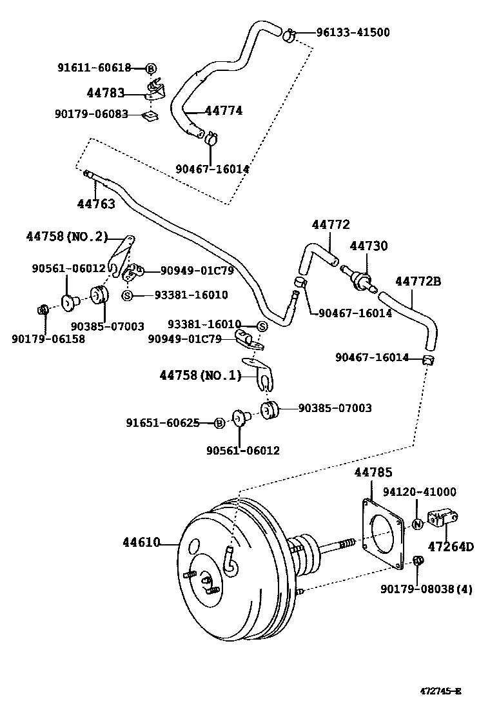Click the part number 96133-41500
[x=353, y=32]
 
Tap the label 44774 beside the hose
[x=224, y=111]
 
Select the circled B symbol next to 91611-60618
[x=151, y=68]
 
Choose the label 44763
[x=96, y=204]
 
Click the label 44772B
[x=418, y=281]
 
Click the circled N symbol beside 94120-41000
[x=417, y=524]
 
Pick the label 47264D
[x=451, y=547]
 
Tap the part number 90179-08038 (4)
[x=426, y=589]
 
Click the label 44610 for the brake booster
[x=141, y=542]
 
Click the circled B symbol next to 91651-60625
[x=219, y=423]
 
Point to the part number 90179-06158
[x=48, y=338]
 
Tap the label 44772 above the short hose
[x=331, y=224]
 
